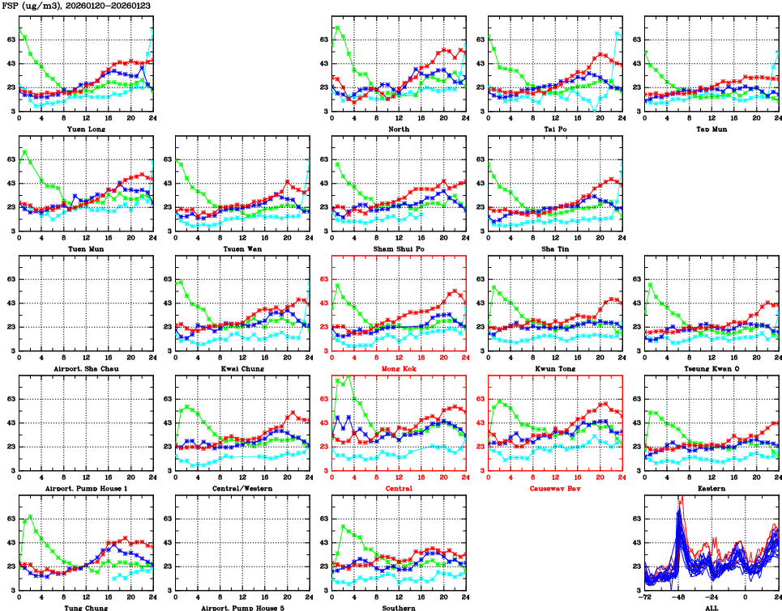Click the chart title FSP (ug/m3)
pyautogui.click(x=33, y=6)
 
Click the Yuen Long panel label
pyautogui.click(x=85, y=129)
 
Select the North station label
pyautogui.click(x=399, y=129)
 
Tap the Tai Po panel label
pyautogui.click(x=555, y=129)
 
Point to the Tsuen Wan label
pyautogui.click(x=242, y=248)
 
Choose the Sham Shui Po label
pyautogui.click(x=399, y=248)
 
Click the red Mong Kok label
pyautogui.click(x=399, y=368)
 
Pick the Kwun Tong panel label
pyautogui.click(x=555, y=368)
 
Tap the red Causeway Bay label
pyautogui.click(x=555, y=488)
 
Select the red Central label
pyautogui.click(x=399, y=488)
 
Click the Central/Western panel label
pyautogui.click(x=242, y=488)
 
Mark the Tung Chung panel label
pyautogui.click(x=85, y=607)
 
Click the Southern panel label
pyautogui.click(x=399, y=607)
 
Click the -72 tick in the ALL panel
pyautogui.click(x=646, y=596)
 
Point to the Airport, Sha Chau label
pyautogui.click(x=85, y=368)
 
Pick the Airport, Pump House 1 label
pyautogui.click(x=85, y=488)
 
